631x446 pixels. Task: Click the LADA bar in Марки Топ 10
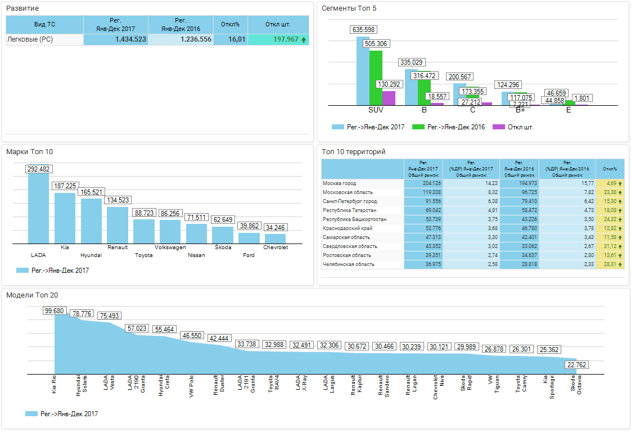pos(38,208)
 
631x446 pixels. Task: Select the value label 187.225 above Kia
pos(65,186)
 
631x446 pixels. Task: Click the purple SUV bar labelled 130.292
pos(389,98)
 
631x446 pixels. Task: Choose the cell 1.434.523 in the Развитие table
pos(116,39)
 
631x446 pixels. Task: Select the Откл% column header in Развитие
pos(231,24)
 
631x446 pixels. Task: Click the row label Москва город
pos(339,183)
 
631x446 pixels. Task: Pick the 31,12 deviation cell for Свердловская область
pos(610,246)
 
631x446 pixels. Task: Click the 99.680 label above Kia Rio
pos(55,311)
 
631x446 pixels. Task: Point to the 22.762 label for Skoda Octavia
pos(577,365)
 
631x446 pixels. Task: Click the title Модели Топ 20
pos(32,295)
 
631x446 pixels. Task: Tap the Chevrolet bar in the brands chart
pos(275,238)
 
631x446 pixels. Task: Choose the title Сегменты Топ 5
pos(349,8)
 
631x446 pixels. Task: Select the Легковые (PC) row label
pos(29,39)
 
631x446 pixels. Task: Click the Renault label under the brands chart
pos(117,247)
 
